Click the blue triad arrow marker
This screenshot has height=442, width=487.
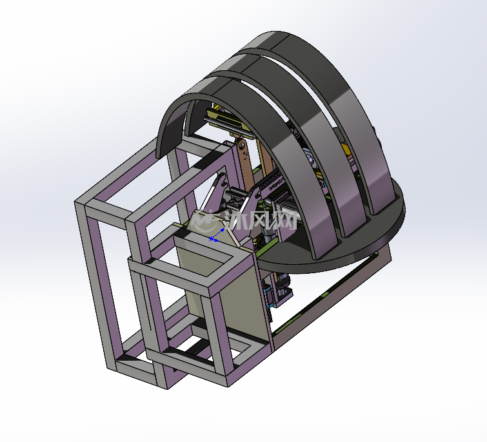217,235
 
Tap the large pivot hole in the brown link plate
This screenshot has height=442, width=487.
241,144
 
